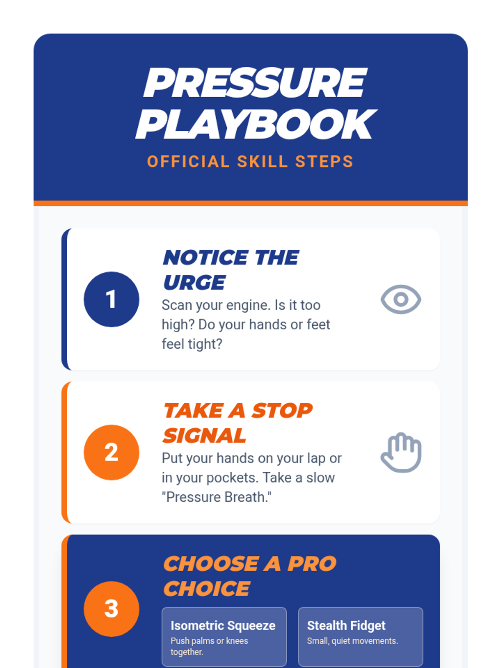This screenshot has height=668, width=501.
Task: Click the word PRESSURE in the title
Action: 255,83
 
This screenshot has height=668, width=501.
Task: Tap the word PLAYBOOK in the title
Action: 256,124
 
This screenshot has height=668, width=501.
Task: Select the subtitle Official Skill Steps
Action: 250,161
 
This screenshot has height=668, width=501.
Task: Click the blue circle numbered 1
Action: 111,299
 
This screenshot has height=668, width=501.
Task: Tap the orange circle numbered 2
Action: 111,452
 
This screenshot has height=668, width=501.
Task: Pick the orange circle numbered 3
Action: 111,609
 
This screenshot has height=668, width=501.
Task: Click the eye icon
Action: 401,299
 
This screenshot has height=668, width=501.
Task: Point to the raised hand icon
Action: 401,452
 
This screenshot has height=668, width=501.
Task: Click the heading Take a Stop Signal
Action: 237,423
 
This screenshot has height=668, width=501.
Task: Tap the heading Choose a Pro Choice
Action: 249,576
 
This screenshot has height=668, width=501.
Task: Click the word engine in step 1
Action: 248,306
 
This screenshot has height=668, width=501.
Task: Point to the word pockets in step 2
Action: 233,478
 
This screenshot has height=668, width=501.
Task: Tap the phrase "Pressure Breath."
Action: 217,497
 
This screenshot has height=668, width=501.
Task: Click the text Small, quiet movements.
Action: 352,641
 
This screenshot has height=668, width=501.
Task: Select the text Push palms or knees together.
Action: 209,646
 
